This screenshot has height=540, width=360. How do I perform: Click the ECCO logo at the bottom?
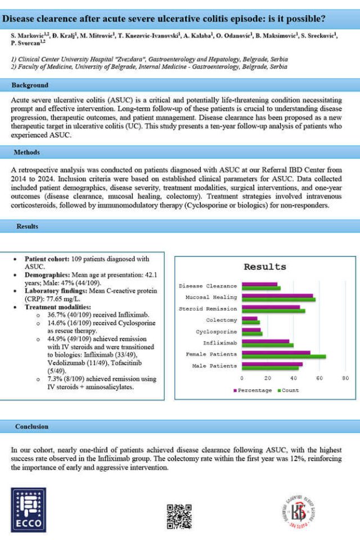29,510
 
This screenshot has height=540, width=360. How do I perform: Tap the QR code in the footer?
179,516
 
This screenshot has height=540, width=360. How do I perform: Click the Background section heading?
32,85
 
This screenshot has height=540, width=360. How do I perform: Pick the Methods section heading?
27,152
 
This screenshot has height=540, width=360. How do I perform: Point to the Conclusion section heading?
32,426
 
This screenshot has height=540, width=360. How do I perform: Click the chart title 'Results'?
264,267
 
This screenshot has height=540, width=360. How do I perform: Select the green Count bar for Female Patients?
283,357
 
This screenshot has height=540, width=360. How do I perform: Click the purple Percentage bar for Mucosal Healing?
277,295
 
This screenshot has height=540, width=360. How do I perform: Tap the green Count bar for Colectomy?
250,322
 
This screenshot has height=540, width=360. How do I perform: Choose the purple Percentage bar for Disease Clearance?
259,284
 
